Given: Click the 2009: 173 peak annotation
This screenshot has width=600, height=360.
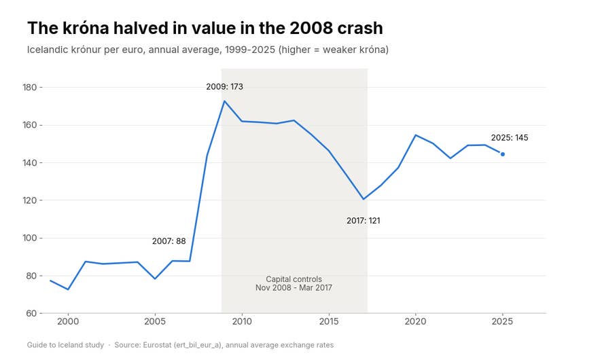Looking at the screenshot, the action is tap(224, 87).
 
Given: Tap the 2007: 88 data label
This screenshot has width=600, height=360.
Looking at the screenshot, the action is tap(169, 241).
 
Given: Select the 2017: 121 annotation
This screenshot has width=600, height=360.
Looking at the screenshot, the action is tap(363, 221).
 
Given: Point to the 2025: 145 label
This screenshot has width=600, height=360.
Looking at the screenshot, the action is tap(510, 138).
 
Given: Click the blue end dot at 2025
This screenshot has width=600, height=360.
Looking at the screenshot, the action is tap(502, 154).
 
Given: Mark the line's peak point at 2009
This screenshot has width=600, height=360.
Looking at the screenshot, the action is tap(224, 101).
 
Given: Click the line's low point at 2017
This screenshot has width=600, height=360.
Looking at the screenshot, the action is tap(363, 199).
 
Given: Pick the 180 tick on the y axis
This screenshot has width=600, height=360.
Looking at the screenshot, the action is tap(30, 88).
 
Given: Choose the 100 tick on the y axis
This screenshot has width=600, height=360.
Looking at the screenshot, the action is tap(30, 238).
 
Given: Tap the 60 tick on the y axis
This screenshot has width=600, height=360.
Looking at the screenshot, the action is tap(31, 313).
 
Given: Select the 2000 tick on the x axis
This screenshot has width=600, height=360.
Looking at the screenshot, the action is tap(68, 321).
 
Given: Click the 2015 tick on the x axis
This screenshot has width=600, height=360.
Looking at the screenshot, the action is tap(329, 321).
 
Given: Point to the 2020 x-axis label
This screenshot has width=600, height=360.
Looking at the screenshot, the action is tap(416, 321).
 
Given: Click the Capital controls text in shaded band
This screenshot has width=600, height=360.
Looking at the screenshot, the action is tap(294, 279).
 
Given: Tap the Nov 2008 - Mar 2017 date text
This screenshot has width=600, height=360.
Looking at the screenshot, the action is tap(294, 288).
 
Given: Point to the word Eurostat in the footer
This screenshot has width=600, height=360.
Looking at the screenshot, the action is tap(157, 345).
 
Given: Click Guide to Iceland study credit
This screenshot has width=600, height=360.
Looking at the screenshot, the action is tap(65, 345).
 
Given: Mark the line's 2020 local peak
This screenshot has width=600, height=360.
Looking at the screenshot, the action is tap(416, 135).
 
